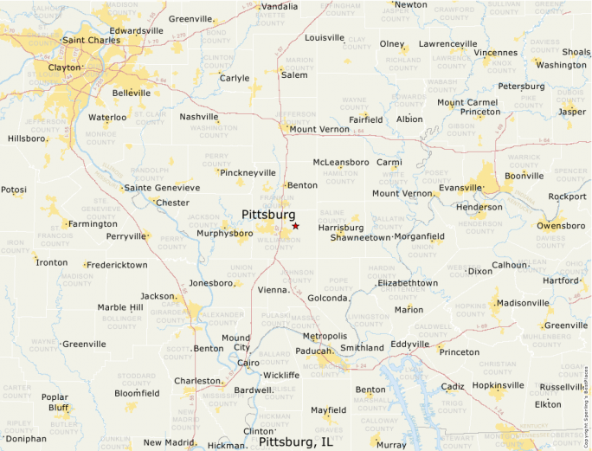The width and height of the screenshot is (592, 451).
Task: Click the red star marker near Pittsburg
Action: pyautogui.click(x=295, y=226)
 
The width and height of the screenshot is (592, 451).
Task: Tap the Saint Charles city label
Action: pyautogui.click(x=90, y=40)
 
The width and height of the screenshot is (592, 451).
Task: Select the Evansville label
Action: pyautogui.click(x=460, y=188)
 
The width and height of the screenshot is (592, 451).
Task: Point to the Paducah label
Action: pyautogui.click(x=313, y=351)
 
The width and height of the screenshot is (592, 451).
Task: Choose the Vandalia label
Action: pyautogui.click(x=280, y=7)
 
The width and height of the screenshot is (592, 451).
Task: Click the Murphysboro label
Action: pyautogui.click(x=224, y=234)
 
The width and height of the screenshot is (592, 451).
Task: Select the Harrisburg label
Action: pyautogui.click(x=340, y=228)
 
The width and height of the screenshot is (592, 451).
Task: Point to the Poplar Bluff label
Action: pyautogui.click(x=55, y=403)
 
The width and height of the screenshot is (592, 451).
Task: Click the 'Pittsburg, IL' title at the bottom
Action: pyautogui.click(x=296, y=441)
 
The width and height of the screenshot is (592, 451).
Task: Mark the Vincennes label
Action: pyautogui.click(x=495, y=53)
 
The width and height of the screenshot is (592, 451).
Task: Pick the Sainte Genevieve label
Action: pyautogui.click(x=162, y=188)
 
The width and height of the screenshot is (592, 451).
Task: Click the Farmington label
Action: pyautogui.click(x=93, y=224)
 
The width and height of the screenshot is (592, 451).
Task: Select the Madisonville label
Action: pyautogui.click(x=523, y=303)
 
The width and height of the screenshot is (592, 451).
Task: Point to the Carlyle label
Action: pyautogui.click(x=234, y=78)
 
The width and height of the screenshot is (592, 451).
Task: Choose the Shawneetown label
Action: pyautogui.click(x=360, y=237)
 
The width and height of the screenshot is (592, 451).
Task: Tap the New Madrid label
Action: pyautogui.click(x=170, y=443)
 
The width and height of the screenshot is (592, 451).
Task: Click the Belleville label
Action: pyautogui.click(x=131, y=93)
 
